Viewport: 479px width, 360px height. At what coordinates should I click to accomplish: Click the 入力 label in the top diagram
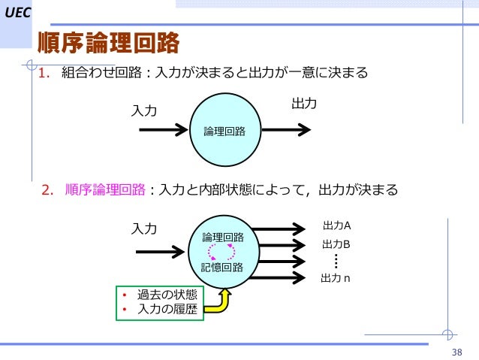[x=144, y=110]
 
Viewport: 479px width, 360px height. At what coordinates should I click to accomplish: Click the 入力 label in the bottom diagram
[x=144, y=228]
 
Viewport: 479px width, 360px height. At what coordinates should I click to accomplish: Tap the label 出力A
[x=336, y=225]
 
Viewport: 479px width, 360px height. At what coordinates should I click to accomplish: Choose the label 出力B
[x=336, y=244]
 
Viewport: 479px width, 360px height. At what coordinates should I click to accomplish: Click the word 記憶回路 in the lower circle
[x=222, y=268]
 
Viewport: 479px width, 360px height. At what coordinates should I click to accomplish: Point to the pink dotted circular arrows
[x=222, y=252]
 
